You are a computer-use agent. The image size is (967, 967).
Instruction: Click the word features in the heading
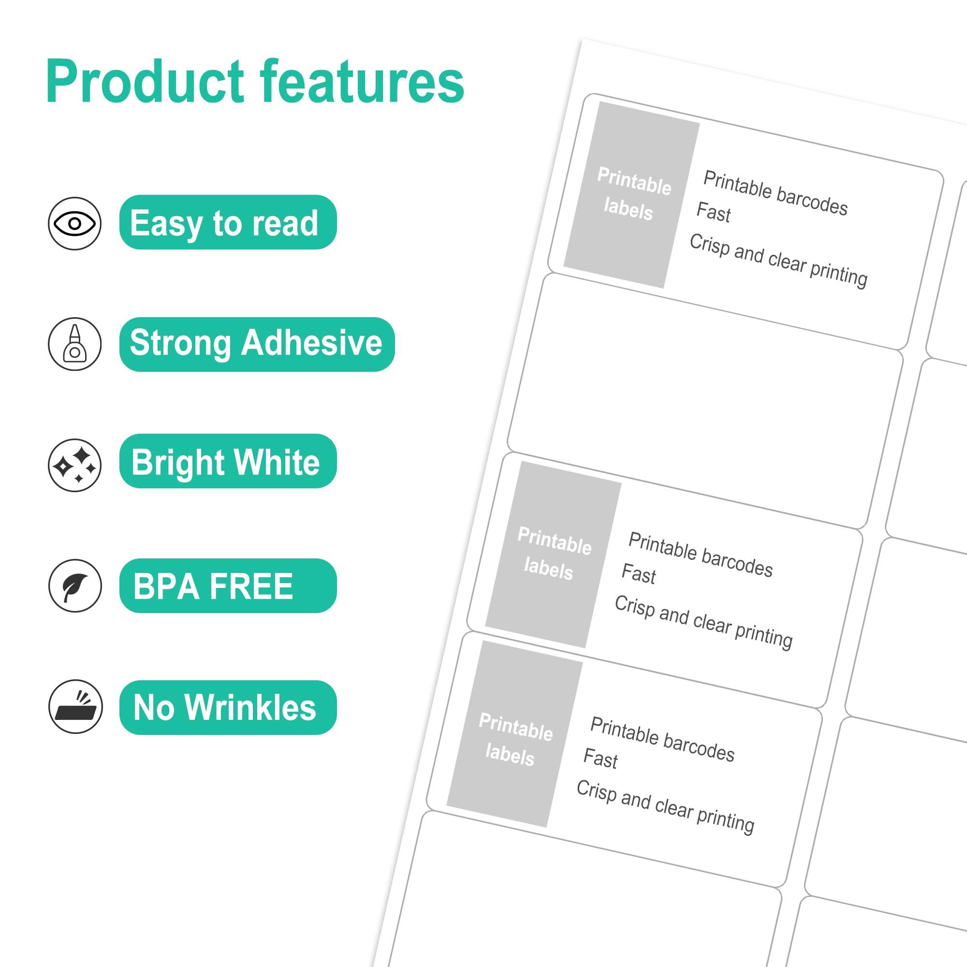(x=361, y=81)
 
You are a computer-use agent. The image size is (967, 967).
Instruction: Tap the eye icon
(x=74, y=223)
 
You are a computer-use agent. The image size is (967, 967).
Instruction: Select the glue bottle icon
(x=74, y=344)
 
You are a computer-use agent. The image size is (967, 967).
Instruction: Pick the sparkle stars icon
(x=74, y=465)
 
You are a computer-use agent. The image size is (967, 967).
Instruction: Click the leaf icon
(x=74, y=586)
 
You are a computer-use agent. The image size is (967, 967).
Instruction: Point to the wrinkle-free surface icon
(x=75, y=706)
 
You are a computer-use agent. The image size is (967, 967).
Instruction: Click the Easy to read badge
(x=228, y=222)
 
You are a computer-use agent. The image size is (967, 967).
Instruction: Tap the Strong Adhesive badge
(x=256, y=344)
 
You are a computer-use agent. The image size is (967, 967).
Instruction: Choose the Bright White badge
(x=228, y=461)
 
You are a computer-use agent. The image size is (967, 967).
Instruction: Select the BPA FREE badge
(x=228, y=586)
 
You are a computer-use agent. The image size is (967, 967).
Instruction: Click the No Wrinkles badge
(x=228, y=707)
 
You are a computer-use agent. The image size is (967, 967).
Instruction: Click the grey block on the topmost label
(x=631, y=194)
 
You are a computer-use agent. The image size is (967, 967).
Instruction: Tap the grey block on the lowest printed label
(x=514, y=734)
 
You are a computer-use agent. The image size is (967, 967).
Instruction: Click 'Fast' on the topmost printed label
(x=714, y=212)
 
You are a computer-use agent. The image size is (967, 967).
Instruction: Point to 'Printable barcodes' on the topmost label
(x=776, y=193)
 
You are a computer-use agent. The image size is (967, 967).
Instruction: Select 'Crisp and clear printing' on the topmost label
(x=778, y=260)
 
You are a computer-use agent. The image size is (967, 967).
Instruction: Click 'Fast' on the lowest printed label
(x=601, y=758)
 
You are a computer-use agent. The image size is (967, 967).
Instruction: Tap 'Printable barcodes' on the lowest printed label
(x=662, y=739)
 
